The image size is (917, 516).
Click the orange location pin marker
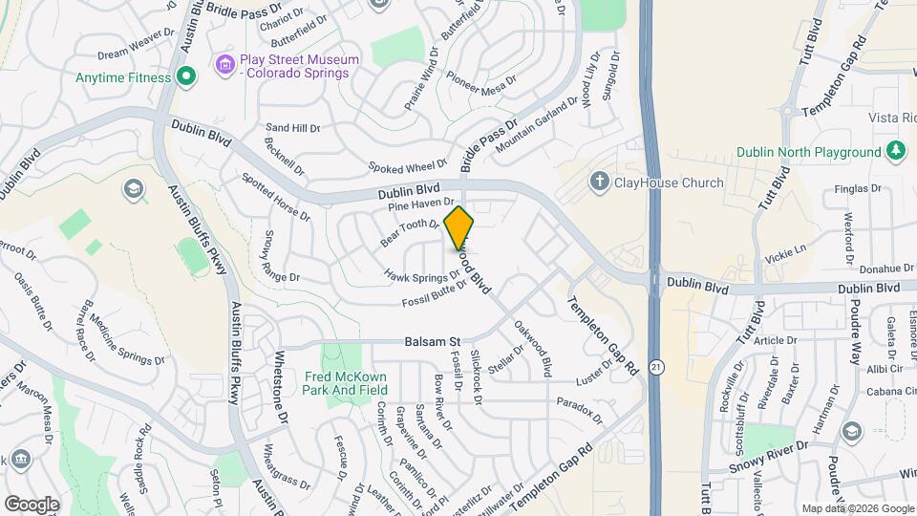coord(459,227)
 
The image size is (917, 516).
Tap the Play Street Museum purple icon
coord(225,65)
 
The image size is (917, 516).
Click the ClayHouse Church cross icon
coord(599,182)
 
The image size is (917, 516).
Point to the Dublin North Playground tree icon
coord(895,152)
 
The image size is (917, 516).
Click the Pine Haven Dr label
coord(420,203)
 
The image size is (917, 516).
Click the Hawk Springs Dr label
coord(423,275)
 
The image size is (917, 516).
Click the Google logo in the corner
coord(32,504)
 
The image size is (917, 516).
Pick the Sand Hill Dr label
coord(293,127)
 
